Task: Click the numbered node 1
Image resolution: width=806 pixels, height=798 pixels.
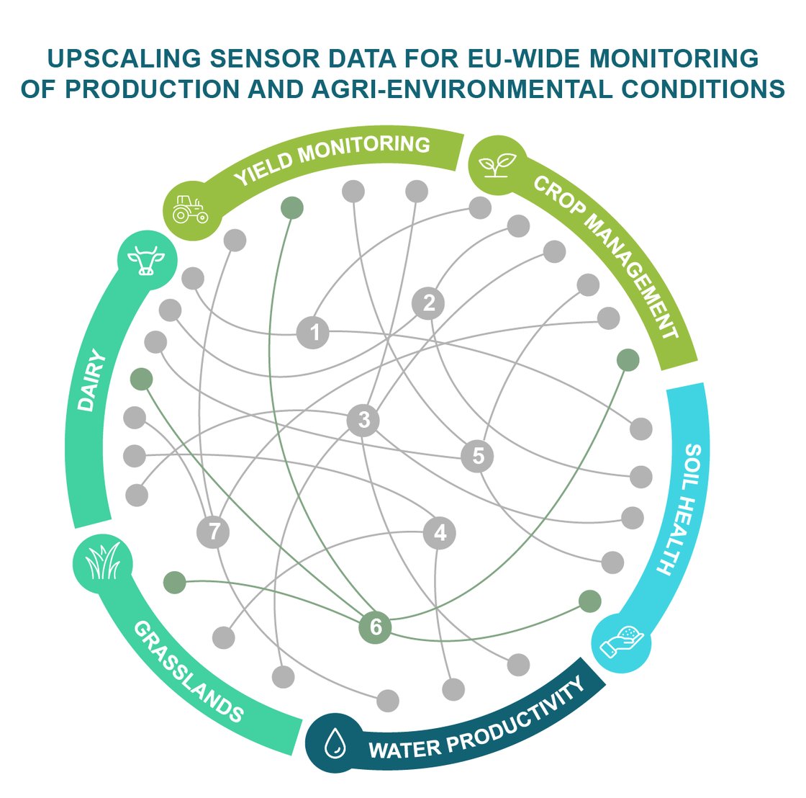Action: point(314,333)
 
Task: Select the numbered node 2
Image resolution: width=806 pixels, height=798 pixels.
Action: point(429,303)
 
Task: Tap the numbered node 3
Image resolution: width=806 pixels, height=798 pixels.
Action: point(363,419)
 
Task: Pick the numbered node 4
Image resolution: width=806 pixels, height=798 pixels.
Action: point(440,533)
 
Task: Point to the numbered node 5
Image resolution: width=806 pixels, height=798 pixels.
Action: point(478,455)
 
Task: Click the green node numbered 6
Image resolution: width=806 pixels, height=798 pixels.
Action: point(375,627)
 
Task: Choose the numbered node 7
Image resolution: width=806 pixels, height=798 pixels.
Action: point(213,532)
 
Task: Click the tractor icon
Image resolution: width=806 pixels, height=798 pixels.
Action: point(190,209)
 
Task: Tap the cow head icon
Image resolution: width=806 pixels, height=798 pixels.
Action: point(146,261)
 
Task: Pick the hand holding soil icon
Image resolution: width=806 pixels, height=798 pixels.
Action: point(622,642)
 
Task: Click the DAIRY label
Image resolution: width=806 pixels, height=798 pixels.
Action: point(89,381)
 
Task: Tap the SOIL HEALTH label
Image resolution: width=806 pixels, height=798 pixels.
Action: point(681,508)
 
